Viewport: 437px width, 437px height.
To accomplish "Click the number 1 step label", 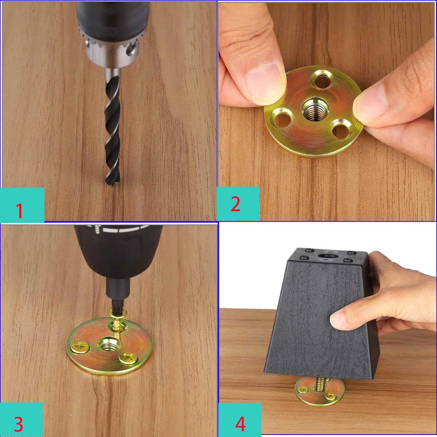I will coord(20,210).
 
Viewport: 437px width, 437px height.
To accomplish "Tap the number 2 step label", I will coord(235,204).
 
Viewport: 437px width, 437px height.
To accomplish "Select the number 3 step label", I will coord(18,424).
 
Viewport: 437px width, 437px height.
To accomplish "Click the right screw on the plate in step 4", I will coord(331,395).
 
